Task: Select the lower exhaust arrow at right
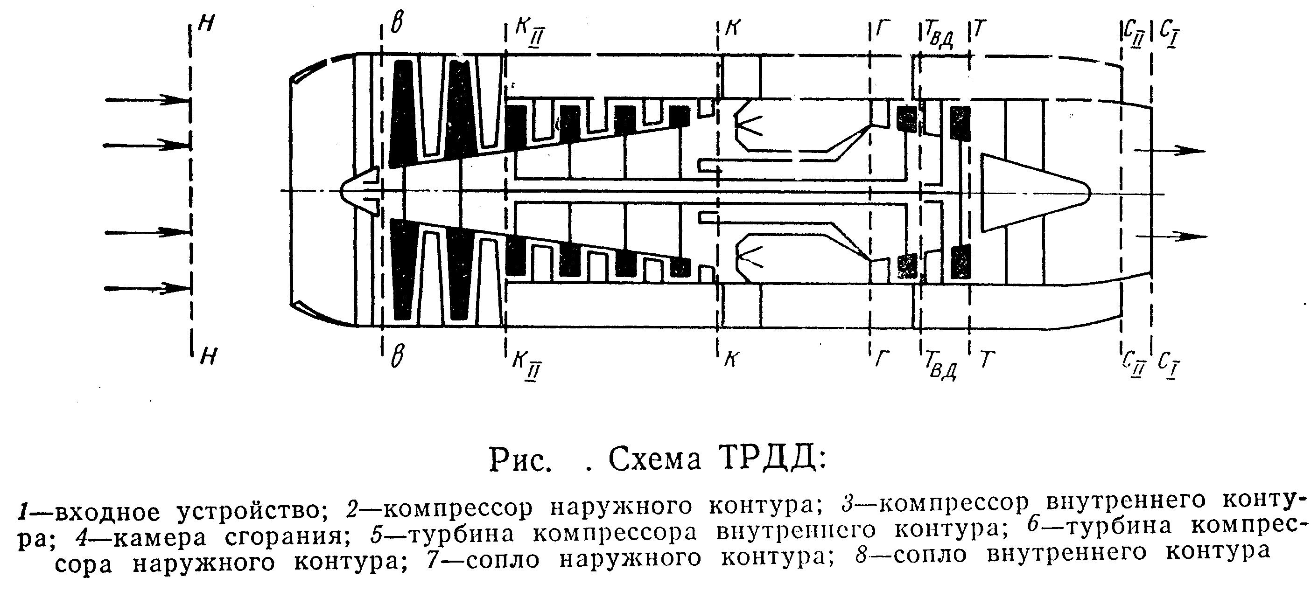click(1171, 236)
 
